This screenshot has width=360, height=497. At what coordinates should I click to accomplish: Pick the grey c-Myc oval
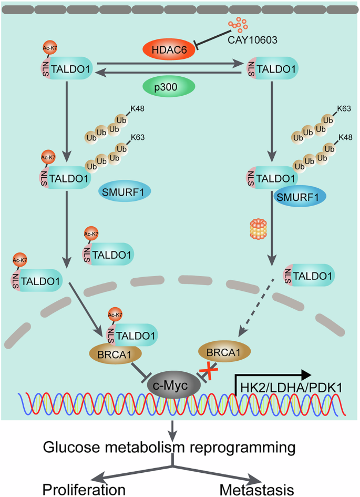coord(174,386)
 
